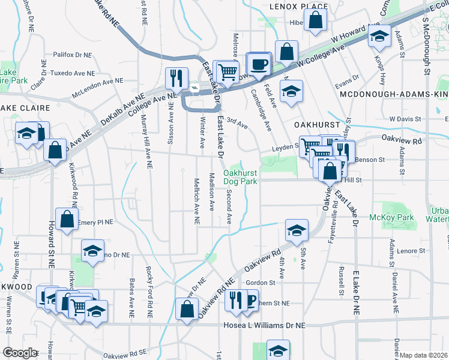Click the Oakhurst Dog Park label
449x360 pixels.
pyautogui.click(x=240, y=177)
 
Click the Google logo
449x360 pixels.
pyautogui.click(x=20, y=353)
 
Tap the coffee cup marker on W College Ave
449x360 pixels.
pyautogui.click(x=259, y=65)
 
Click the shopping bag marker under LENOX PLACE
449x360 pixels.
pyautogui.click(x=315, y=22)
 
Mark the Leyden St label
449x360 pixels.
pyautogui.click(x=284, y=146)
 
